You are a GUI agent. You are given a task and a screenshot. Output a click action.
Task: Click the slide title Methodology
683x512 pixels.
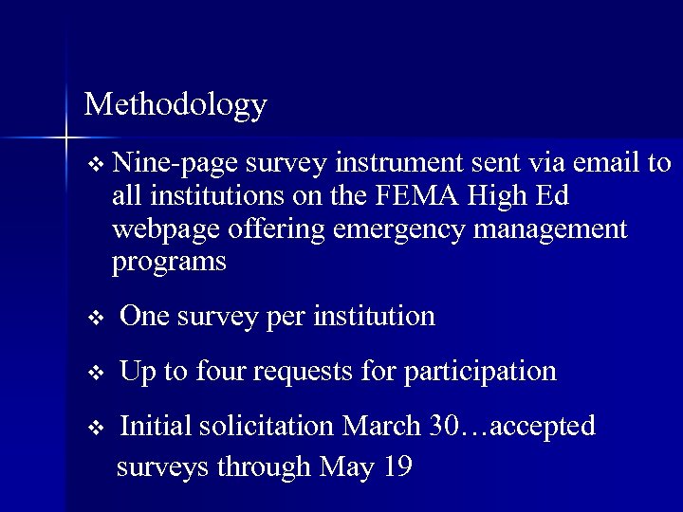pyautogui.click(x=175, y=104)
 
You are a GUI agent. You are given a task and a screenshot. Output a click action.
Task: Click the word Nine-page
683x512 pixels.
pyautogui.click(x=175, y=164)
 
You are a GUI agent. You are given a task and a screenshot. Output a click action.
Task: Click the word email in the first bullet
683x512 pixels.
pyautogui.click(x=607, y=163)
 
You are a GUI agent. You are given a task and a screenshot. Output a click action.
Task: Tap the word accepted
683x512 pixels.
pyautogui.click(x=540, y=428)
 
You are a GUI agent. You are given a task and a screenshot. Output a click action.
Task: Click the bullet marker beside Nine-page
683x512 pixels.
pyautogui.click(x=93, y=165)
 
